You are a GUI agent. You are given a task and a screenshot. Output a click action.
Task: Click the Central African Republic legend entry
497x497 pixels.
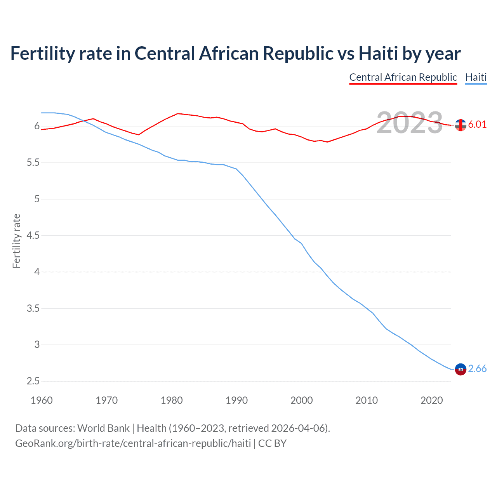click(403, 77)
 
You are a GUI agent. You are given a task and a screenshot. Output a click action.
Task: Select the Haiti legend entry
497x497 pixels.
click(476, 77)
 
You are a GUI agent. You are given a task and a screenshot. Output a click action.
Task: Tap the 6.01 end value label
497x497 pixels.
click(477, 124)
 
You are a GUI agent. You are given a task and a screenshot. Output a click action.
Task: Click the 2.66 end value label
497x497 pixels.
click(477, 368)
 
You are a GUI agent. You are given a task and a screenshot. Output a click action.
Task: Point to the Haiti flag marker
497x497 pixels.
click(461, 369)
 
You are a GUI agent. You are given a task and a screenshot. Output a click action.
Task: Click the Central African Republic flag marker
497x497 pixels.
click(461, 125)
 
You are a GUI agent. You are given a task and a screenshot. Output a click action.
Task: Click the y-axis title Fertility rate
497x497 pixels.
click(16, 241)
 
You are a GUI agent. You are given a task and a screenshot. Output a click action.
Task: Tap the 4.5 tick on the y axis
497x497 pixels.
click(33, 235)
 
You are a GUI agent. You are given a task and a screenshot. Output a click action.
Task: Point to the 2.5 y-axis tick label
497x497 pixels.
click(33, 381)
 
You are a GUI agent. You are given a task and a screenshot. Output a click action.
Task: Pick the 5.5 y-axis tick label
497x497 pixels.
click(33, 163)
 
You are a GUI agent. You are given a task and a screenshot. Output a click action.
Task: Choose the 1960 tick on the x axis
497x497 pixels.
click(42, 400)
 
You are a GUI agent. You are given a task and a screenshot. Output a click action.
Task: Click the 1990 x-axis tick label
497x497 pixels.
click(236, 400)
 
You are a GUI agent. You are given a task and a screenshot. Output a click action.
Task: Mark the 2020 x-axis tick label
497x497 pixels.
click(431, 400)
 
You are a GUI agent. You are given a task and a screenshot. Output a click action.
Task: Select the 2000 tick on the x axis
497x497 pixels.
click(301, 400)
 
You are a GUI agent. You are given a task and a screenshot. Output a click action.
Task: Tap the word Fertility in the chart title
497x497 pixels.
click(42, 53)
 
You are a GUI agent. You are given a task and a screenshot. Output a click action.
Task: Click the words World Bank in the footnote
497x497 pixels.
click(103, 428)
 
